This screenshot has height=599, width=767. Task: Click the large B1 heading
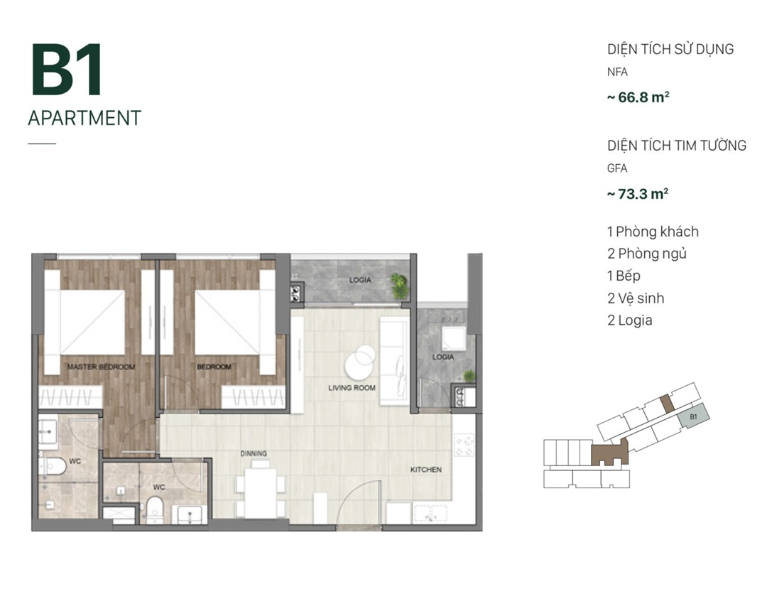[67, 70]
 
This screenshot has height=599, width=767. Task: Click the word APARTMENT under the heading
[85, 119]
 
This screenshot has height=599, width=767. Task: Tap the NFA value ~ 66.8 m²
[638, 97]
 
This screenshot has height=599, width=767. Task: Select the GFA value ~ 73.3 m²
[638, 194]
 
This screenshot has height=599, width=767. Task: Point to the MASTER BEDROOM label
[102, 367]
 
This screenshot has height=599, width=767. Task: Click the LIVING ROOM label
[352, 387]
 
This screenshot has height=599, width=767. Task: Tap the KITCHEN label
[425, 469]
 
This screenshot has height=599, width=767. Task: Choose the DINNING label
[254, 453]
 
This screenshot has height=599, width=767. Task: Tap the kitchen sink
[430, 514]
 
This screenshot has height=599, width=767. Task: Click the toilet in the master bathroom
[53, 466]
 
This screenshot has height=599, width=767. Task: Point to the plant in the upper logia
[400, 286]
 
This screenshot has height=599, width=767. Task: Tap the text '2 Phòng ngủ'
[647, 254]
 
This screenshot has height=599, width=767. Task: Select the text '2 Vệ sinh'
[636, 298]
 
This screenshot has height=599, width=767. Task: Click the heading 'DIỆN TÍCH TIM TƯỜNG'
[677, 146]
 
